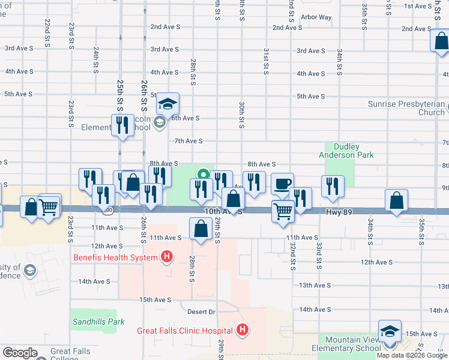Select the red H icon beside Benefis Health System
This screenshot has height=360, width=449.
[x=167, y=258]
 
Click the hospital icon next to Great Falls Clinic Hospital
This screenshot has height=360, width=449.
[x=241, y=330]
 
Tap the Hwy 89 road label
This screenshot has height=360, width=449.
[x=340, y=212]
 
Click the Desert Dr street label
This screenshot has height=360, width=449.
[x=201, y=312]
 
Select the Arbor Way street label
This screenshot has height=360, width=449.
[x=316, y=17]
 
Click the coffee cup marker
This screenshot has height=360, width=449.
[x=282, y=183]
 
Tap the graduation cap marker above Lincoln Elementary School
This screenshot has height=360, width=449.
[x=169, y=104]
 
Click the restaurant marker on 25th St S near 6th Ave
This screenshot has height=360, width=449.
[x=122, y=125]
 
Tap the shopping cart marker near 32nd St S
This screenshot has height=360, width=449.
[x=283, y=210]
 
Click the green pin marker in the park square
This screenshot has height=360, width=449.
[x=203, y=175]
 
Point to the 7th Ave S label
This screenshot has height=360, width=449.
[x=188, y=141]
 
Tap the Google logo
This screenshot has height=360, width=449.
[x=20, y=353]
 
